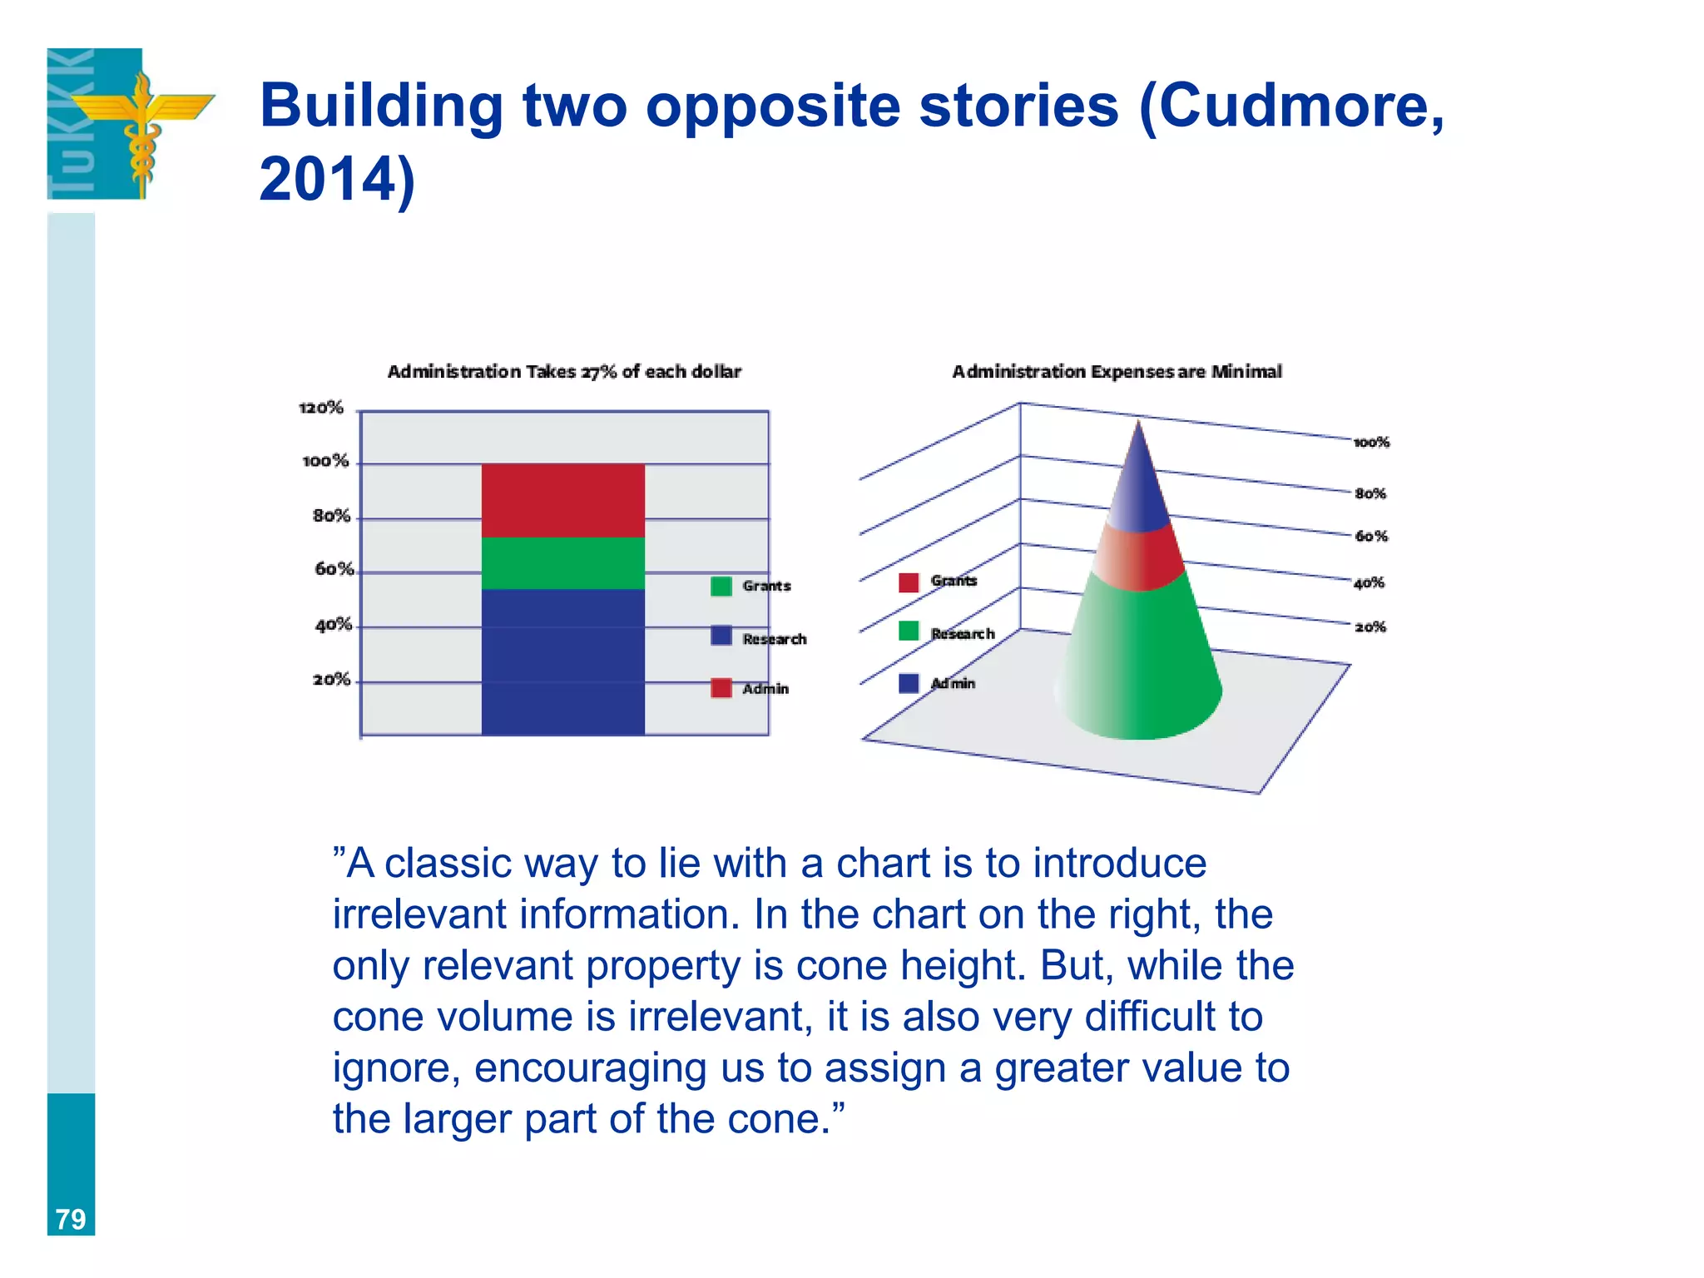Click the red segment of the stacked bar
[x=562, y=500]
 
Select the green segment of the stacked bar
[x=562, y=563]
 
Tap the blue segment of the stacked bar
[x=562, y=661]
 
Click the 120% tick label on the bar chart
[x=321, y=408]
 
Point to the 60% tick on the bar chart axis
[x=334, y=569]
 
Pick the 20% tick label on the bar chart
[x=332, y=680]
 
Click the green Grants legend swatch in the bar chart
[x=721, y=586]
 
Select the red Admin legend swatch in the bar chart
[x=721, y=688]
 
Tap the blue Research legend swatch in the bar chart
[x=721, y=636]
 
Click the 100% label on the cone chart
[x=1371, y=443]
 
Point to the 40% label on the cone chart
[x=1369, y=582]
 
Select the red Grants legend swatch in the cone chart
[x=909, y=582]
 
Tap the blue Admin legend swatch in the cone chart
[x=909, y=683]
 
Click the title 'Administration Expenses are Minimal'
[x=1117, y=372]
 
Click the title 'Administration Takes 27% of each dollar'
[x=564, y=372]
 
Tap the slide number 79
[x=71, y=1219]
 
